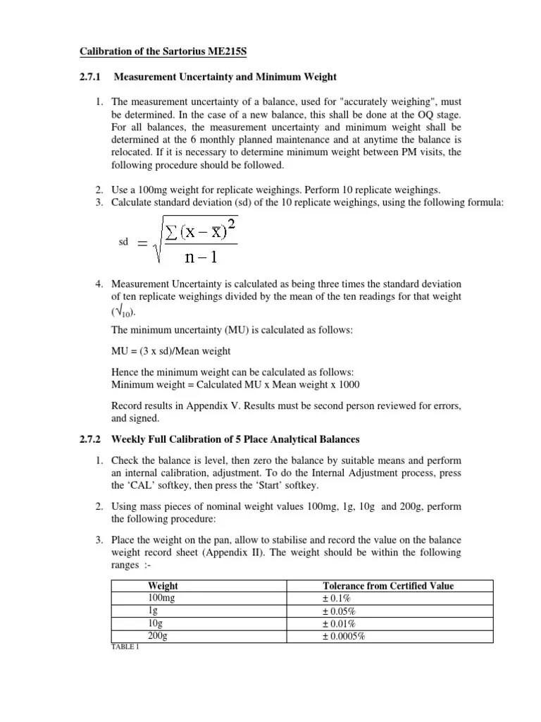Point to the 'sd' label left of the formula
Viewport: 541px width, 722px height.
[x=123, y=242]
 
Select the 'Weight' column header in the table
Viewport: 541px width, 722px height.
[x=163, y=586]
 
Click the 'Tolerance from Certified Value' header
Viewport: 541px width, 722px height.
[x=388, y=586]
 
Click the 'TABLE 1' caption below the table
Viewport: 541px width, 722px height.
[x=125, y=647]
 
